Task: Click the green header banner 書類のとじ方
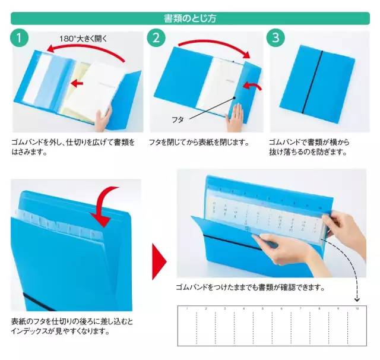click(190, 18)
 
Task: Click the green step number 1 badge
click(20, 39)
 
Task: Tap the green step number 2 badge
click(156, 39)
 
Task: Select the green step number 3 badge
click(275, 39)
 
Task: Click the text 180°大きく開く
click(83, 39)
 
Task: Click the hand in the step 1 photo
click(103, 119)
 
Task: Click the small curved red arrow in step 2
click(254, 89)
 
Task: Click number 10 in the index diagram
click(357, 309)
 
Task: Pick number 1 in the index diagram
click(186, 309)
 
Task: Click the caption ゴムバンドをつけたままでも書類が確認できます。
click(251, 288)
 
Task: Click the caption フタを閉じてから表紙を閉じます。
click(199, 143)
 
